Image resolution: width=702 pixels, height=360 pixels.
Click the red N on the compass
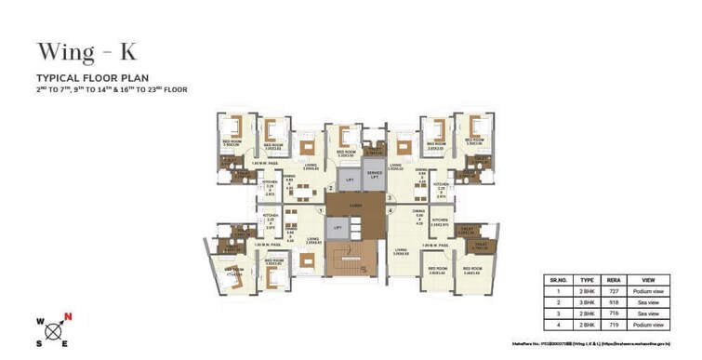click(x=68, y=317)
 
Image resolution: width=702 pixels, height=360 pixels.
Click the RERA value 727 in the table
click(x=614, y=291)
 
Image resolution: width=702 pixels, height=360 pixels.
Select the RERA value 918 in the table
click(x=614, y=303)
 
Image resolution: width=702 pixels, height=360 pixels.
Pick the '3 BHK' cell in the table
click(x=588, y=303)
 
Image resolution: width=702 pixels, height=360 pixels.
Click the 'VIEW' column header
click(x=648, y=279)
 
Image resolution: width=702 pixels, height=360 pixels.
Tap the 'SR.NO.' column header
click(x=557, y=279)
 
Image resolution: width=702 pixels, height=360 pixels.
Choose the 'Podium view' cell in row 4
click(x=648, y=328)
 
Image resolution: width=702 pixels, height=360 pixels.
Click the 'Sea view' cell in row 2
click(x=648, y=303)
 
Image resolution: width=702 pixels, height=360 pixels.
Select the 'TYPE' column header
click(x=588, y=279)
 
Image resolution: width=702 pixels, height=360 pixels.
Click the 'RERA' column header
click(x=614, y=279)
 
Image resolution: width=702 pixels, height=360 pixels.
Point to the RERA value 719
click(x=614, y=328)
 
